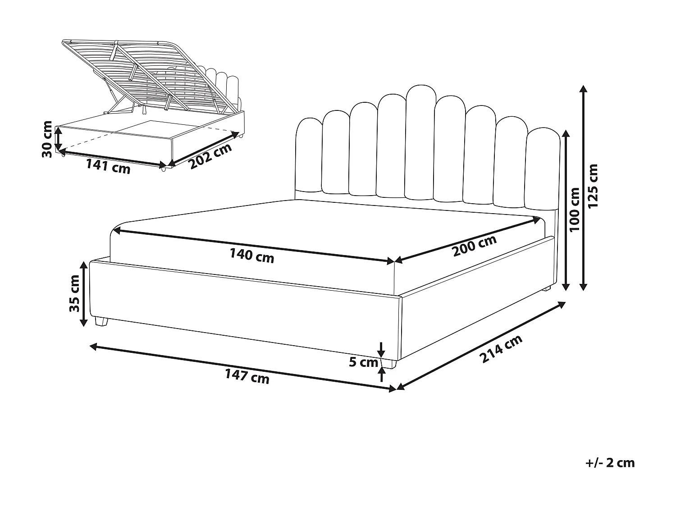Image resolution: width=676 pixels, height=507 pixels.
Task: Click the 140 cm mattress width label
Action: point(251,256)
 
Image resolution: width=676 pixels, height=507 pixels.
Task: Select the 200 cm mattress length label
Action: point(475,246)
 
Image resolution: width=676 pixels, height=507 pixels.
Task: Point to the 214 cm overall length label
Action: point(501,349)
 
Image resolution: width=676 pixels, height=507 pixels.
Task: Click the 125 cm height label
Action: point(594,186)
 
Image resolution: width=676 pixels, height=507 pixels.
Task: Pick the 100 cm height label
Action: point(575,210)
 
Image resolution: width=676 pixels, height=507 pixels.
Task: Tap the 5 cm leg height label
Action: point(364,362)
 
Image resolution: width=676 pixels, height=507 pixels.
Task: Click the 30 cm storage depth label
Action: point(47,139)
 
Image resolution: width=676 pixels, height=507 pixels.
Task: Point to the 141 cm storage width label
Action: point(108,166)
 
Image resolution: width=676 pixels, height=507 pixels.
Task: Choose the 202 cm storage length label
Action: point(210,156)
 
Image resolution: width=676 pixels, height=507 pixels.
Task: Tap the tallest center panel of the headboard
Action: point(420,142)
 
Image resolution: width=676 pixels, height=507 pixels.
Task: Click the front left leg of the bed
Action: point(102,321)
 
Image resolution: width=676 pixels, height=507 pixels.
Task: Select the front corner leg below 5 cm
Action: point(389,363)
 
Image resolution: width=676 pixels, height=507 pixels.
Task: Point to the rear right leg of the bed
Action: point(546,288)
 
